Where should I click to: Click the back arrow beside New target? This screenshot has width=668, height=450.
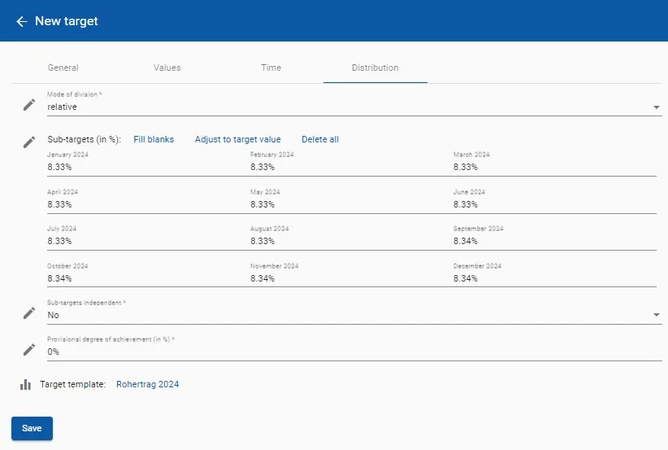[22, 21]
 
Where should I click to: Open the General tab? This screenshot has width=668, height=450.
[63, 68]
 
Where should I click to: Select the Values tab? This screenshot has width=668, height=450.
[167, 68]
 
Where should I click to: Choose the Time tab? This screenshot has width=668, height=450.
[271, 68]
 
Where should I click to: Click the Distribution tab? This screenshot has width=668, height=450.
[375, 68]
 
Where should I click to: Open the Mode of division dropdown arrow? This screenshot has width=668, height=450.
[656, 107]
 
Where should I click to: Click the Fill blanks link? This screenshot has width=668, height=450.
[154, 139]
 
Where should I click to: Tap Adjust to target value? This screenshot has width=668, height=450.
[237, 139]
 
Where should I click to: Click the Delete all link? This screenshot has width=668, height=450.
[320, 139]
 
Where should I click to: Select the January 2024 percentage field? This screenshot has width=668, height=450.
[146, 167]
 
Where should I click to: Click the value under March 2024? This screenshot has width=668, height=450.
[553, 167]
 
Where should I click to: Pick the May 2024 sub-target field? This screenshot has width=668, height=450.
[349, 204]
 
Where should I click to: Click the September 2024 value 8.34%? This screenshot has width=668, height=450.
[553, 242]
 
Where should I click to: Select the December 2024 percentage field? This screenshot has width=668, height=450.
[553, 278]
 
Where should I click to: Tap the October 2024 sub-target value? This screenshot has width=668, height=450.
[146, 278]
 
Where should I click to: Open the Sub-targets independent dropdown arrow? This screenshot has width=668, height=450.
[656, 315]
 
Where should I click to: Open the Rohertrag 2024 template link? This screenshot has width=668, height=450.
[147, 384]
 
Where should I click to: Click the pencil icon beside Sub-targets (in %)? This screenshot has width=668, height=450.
[29, 142]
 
